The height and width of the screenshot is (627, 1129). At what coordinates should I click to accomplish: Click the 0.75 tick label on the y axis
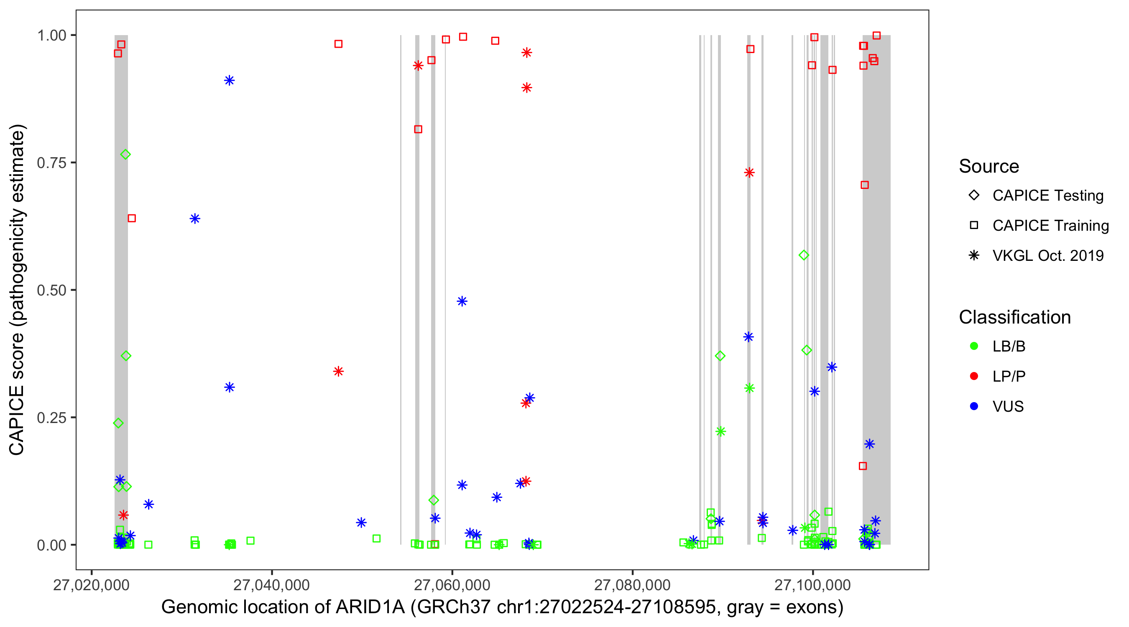coord(51,163)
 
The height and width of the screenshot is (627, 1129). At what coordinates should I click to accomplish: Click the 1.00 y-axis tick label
coord(51,36)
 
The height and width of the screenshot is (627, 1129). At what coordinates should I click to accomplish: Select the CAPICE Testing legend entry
coord(1047,196)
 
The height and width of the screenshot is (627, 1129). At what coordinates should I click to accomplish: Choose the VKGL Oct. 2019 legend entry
coord(1047,255)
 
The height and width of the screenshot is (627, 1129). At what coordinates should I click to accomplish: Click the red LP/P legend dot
coord(974,376)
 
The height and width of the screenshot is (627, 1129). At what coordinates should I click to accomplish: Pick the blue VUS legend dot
coord(974,406)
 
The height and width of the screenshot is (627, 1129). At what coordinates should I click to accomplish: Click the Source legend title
coord(989,166)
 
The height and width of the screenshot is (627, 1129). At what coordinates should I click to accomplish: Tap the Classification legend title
coord(1014,317)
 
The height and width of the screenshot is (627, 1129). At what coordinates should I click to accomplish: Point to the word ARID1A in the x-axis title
coord(370,607)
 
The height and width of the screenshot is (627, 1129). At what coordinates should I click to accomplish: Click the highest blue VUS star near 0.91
coord(229,81)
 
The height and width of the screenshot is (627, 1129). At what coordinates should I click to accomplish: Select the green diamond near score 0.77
coord(125,155)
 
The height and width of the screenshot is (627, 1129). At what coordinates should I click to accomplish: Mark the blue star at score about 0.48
coord(462,301)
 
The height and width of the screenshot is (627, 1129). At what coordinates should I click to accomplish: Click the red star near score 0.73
coord(749,173)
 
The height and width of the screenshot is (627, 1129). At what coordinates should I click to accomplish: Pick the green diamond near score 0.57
coord(803,255)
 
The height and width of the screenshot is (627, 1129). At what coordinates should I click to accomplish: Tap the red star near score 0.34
coord(338,372)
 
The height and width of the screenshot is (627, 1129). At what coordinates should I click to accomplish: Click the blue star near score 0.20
coord(869,444)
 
